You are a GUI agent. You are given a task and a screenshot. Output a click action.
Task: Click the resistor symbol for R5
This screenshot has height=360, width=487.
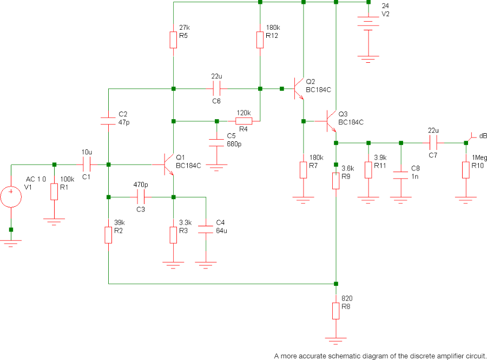click(173, 40)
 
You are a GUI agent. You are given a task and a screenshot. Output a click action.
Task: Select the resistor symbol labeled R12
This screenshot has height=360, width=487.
click(260, 40)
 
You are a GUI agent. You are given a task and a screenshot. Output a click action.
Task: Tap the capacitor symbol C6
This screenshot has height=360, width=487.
click(216, 88)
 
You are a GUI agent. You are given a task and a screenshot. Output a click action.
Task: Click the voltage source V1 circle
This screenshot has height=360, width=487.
click(11, 197)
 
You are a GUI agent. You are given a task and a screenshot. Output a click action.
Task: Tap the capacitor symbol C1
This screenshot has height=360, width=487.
click(87, 164)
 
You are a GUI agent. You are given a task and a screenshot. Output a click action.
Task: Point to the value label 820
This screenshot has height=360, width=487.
click(347, 298)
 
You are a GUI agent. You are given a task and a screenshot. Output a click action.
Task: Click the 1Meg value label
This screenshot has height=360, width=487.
click(479, 158)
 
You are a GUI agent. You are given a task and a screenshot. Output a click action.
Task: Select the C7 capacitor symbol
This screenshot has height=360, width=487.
click(433, 142)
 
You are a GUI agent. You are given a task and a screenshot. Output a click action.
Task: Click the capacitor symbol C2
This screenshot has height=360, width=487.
click(108, 121)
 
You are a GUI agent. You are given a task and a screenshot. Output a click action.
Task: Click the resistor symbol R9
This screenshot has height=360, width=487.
click(335, 180)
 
